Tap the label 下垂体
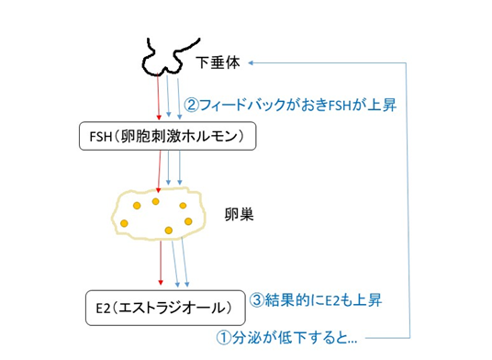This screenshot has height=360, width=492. (218, 62)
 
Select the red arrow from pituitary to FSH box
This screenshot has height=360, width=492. (158, 96)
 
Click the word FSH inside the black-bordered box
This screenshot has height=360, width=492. (101, 137)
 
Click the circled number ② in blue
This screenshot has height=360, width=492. (192, 105)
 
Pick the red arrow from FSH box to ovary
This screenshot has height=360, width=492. (160, 172)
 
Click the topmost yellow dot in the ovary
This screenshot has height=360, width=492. (156, 201)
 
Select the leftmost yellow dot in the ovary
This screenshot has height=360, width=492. (124, 223)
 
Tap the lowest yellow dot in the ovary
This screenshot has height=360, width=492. (169, 231)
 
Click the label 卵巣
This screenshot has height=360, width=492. (239, 215)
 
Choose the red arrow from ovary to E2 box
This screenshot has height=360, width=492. (161, 263)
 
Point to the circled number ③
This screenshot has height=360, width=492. (257, 300)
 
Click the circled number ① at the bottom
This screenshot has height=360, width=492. (224, 338)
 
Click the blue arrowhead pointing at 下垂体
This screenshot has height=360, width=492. (251, 62)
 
